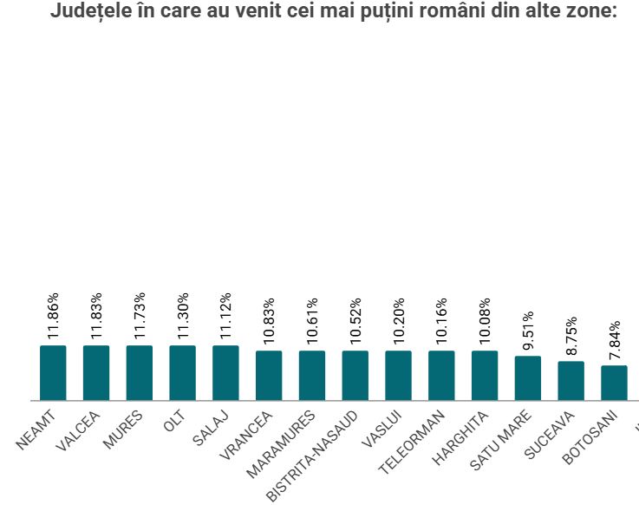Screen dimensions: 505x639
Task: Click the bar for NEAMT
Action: coord(53,373)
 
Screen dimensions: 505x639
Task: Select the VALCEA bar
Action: coord(96,373)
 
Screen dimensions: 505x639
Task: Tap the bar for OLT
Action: coord(182,373)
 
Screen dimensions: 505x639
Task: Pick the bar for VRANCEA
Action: coord(269,376)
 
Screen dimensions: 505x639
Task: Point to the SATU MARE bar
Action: coord(527,378)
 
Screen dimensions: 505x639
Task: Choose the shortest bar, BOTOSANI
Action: coord(614,383)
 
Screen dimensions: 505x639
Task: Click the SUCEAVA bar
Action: coord(571,381)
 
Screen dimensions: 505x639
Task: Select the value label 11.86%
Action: coord(54,316)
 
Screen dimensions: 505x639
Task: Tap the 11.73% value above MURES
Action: coord(140,316)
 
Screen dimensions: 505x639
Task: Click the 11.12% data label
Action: coord(226,316)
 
